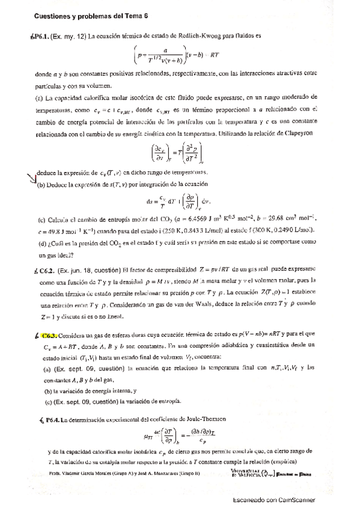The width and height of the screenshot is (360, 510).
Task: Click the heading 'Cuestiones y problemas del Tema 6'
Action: pyautogui.click(x=91, y=17)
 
